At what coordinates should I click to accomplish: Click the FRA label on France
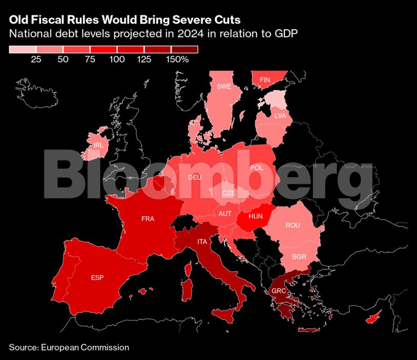pyautogui.click(x=148, y=219)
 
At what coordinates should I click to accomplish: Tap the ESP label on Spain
pyautogui.click(x=97, y=278)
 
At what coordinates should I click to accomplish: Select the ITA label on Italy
pyautogui.click(x=203, y=241)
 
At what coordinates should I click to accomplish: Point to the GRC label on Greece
pyautogui.click(x=279, y=291)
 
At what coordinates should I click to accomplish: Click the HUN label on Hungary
pyautogui.click(x=256, y=216)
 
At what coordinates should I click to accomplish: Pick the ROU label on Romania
pyautogui.click(x=293, y=225)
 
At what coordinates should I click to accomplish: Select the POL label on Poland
pyautogui.click(x=256, y=167)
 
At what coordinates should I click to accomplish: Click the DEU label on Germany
pyautogui.click(x=195, y=177)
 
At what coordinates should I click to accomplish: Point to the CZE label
pyautogui.click(x=228, y=193)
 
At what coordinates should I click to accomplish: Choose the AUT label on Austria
pyautogui.click(x=225, y=214)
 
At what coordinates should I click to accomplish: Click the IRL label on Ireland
pyautogui.click(x=98, y=145)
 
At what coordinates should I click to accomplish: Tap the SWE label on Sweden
pyautogui.click(x=224, y=86)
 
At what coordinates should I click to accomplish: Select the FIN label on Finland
pyautogui.click(x=265, y=80)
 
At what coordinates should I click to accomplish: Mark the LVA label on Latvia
pyautogui.click(x=280, y=116)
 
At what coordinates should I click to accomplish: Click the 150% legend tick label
pyautogui.click(x=177, y=59)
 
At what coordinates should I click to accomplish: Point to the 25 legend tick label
pyautogui.click(x=36, y=59)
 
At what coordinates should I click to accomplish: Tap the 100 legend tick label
pyautogui.click(x=117, y=59)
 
